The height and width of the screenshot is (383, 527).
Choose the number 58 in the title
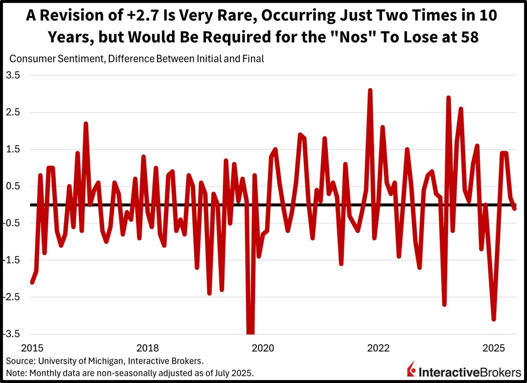point(485,37)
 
